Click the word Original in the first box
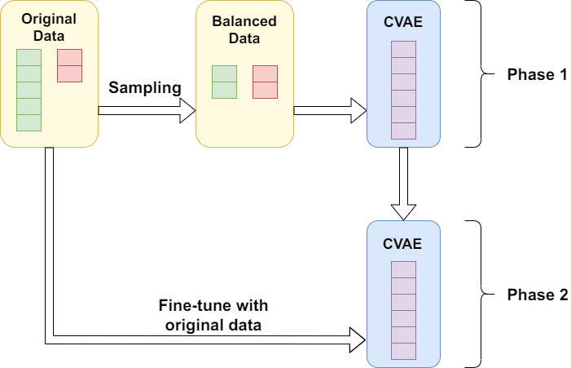click(49, 18)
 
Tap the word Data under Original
click(49, 35)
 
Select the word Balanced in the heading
click(244, 21)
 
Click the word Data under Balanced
click(244, 38)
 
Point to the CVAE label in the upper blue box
click(403, 23)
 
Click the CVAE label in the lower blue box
click(403, 243)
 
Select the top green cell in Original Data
click(29, 57)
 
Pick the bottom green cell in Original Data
click(29, 122)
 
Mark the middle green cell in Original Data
click(29, 90)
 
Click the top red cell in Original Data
click(69, 57)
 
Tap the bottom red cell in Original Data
click(69, 73)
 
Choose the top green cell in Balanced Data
click(224, 73)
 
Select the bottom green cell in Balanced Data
click(224, 90)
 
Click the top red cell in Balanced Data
click(265, 73)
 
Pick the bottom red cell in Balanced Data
click(265, 90)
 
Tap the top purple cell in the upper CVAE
click(403, 49)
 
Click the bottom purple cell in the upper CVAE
click(403, 131)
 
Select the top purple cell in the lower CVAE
click(403, 269)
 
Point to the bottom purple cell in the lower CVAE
click(403, 351)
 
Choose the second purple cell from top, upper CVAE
click(403, 65)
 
